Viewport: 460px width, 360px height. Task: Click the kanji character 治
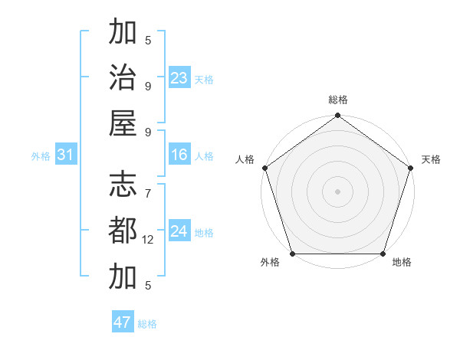123,77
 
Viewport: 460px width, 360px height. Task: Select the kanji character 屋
123,123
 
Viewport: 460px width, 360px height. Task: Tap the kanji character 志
123,185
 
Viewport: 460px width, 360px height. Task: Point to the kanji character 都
123,231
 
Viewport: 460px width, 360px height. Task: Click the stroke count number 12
149,240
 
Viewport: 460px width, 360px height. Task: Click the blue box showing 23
179,78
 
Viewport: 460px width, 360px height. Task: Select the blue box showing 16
179,155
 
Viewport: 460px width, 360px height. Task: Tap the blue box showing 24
179,231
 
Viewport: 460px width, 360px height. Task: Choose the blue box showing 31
65,155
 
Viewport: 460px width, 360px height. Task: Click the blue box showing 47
123,322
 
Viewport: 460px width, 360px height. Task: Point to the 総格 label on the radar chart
338,100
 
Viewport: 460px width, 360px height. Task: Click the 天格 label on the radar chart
431,160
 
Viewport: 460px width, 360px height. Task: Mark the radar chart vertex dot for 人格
265,168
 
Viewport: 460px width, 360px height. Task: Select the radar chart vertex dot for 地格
383,254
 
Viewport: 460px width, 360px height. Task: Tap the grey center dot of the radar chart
338,191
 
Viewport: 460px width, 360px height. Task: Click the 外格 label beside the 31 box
41,156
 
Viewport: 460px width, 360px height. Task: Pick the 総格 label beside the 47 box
147,324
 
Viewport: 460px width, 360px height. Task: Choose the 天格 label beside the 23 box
204,80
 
